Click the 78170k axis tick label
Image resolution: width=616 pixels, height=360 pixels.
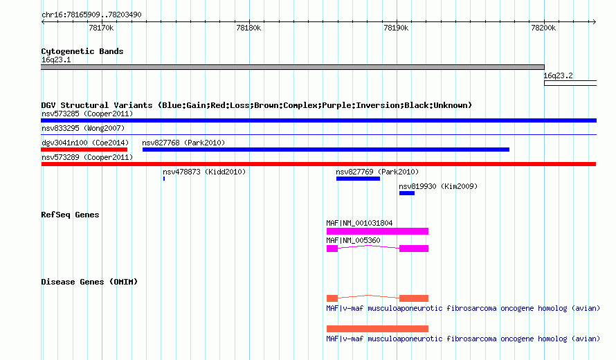point(101,28)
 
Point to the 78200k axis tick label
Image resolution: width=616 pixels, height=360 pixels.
point(543,28)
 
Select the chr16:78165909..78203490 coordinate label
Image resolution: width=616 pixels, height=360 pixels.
point(91,15)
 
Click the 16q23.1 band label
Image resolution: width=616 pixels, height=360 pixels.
point(56,60)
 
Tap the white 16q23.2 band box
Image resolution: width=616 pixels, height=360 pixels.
point(570,83)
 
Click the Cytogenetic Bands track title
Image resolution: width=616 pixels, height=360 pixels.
point(82,51)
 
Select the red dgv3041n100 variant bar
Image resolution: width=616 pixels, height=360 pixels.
point(84,150)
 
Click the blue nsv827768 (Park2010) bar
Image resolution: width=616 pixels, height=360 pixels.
point(326,150)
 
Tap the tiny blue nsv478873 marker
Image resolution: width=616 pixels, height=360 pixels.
point(164,179)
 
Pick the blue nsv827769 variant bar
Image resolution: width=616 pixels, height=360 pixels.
point(358,179)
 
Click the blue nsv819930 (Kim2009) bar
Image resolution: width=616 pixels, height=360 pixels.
point(406,193)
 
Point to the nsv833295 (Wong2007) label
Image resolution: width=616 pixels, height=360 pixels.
point(83,128)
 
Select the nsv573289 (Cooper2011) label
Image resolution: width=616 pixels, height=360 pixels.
point(87,157)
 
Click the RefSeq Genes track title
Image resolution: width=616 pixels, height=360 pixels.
point(70,215)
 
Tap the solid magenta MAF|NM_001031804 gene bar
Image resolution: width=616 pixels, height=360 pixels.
point(377,231)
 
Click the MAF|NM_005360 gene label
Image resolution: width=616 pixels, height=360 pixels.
point(353,240)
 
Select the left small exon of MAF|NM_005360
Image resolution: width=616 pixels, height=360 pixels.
point(332,249)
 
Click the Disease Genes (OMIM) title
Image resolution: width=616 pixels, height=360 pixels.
point(89,282)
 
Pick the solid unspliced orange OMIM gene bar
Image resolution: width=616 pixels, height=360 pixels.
point(377,329)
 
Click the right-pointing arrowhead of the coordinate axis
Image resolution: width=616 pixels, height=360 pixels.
point(595,21)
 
